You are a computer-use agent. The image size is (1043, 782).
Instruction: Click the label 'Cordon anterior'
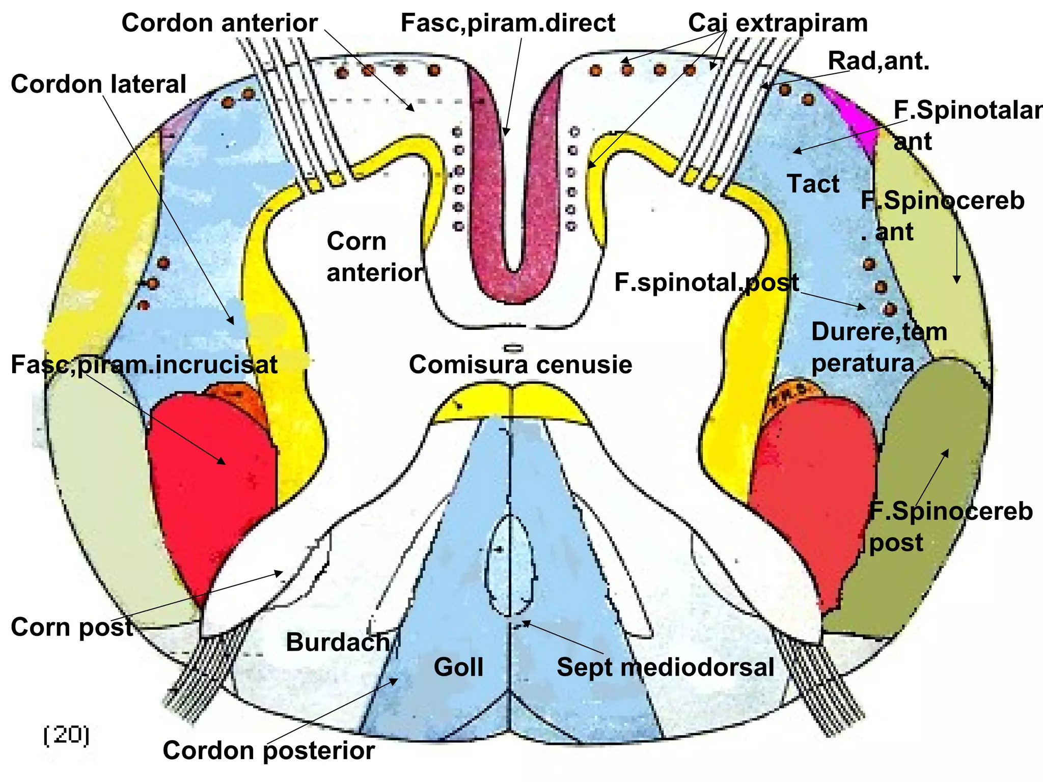[x=219, y=23]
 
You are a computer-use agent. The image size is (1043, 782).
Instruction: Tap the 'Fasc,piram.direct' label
[x=508, y=23]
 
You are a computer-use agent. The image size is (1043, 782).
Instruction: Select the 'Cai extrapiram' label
[x=778, y=23]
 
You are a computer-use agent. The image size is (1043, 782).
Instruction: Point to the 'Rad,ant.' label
[x=879, y=61]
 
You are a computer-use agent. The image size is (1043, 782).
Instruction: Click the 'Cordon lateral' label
[x=98, y=84]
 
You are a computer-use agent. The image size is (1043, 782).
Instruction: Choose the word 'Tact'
[x=813, y=184]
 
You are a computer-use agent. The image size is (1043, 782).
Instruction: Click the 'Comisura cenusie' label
[x=520, y=365]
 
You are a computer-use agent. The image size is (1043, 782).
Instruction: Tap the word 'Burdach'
[x=338, y=642]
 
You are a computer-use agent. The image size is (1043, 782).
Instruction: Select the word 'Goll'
[x=458, y=667]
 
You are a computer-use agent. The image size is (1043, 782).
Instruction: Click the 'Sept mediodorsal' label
[x=665, y=667]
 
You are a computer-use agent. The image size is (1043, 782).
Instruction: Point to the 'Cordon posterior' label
[x=268, y=750]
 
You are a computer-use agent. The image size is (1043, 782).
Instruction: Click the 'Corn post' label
[x=72, y=627]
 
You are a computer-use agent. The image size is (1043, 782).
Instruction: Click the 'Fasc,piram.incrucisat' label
[x=144, y=365]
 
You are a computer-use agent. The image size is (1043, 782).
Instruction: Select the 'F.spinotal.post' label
[x=706, y=283]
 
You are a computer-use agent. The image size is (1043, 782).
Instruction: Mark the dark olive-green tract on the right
[x=912, y=509]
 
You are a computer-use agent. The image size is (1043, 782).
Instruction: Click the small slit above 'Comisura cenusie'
[x=513, y=348]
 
